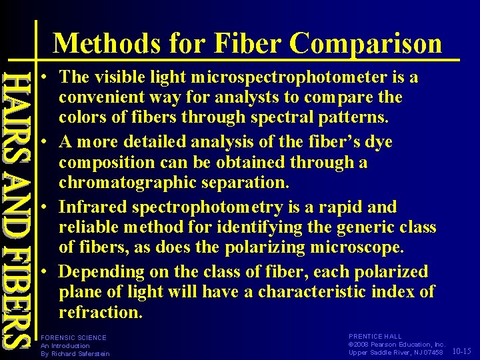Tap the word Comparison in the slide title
tap(366, 44)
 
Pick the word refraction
tap(100, 312)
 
